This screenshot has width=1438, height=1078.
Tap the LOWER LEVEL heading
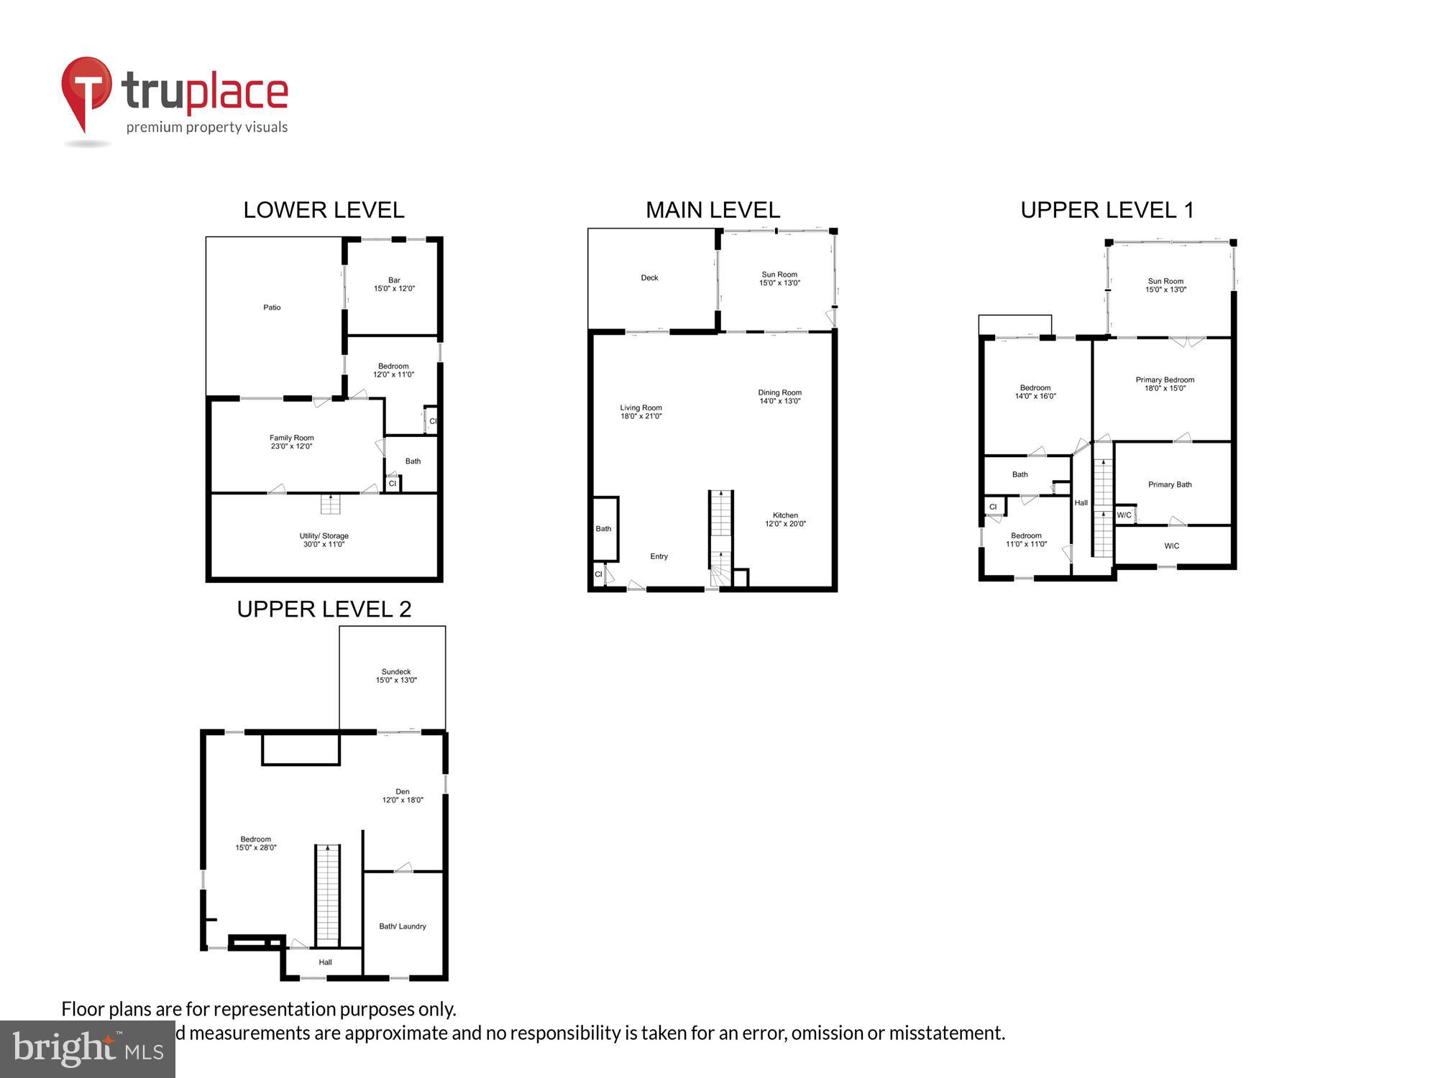(324, 210)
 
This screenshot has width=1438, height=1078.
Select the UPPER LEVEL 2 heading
(324, 609)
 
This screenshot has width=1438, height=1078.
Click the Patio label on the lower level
(272, 308)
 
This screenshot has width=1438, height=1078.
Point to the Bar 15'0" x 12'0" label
(394, 285)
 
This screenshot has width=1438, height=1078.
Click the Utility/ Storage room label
(324, 540)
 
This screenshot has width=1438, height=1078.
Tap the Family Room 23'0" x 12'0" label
(291, 442)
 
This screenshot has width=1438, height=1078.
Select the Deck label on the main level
(649, 278)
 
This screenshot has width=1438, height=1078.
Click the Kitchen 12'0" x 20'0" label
(785, 520)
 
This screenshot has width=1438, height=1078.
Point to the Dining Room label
(779, 397)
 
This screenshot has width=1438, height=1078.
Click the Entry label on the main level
(659, 556)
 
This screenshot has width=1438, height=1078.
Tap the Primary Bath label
(1170, 484)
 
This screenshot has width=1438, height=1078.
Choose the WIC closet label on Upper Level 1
(1172, 546)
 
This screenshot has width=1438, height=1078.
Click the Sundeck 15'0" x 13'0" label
(396, 676)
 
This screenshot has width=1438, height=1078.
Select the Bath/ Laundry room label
(403, 926)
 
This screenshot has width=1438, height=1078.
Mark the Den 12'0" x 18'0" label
(403, 796)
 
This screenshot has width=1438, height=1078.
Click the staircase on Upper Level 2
(327, 895)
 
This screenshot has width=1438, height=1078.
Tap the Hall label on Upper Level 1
(1081, 503)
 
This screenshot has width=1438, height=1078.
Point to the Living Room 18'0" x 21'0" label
(641, 412)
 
